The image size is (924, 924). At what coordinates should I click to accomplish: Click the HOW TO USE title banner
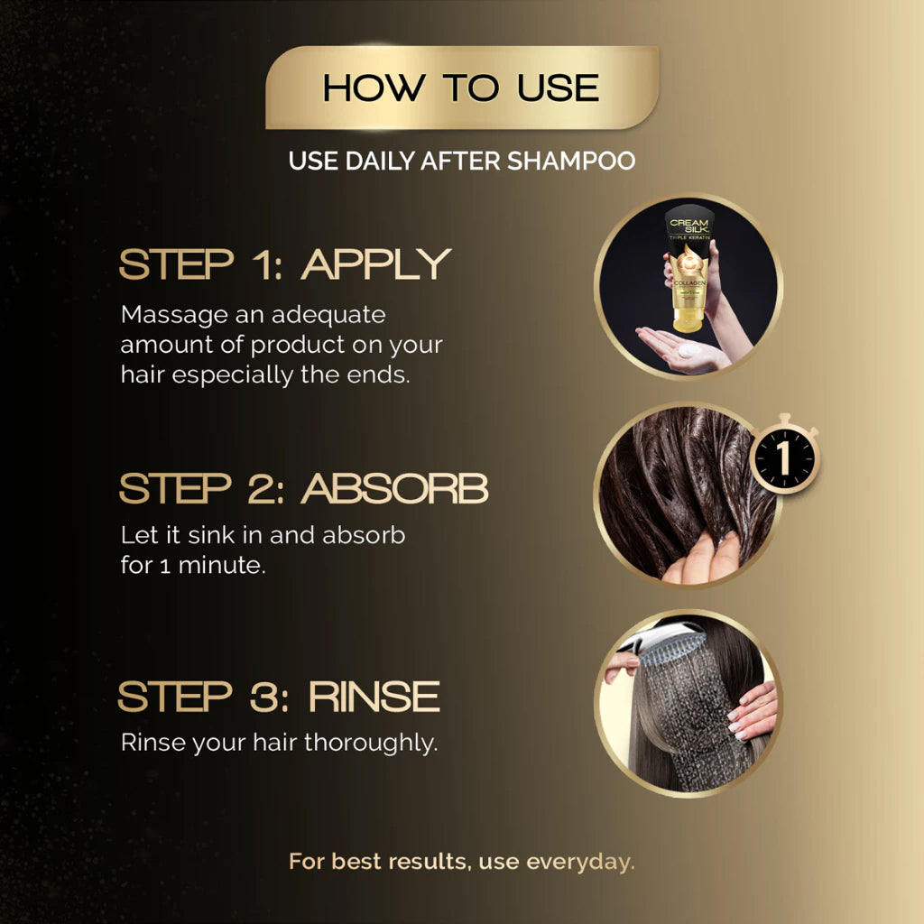[x=461, y=88]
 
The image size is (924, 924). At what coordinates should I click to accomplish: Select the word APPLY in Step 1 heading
[x=375, y=264]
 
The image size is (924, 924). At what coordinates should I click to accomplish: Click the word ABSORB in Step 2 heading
[x=394, y=488]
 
